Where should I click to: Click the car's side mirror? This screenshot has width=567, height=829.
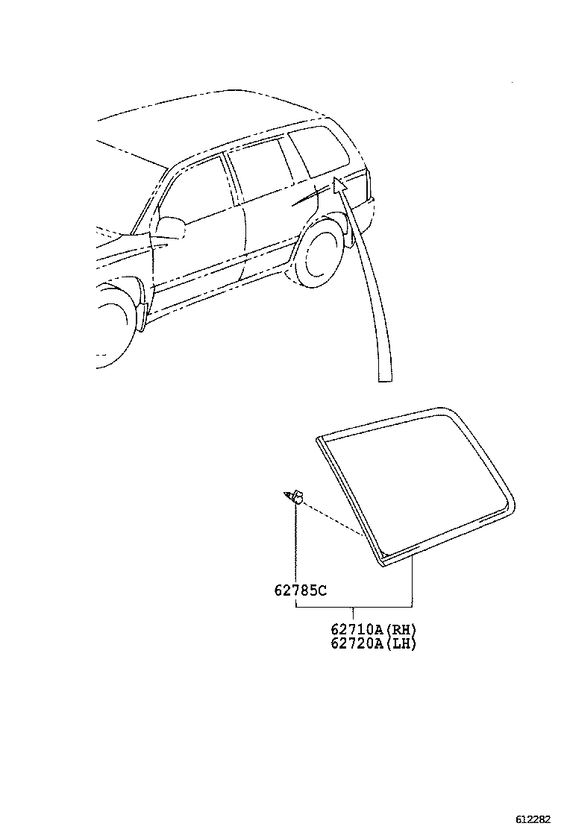pos(172,227)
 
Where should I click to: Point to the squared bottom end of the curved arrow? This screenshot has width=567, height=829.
pos(384,379)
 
